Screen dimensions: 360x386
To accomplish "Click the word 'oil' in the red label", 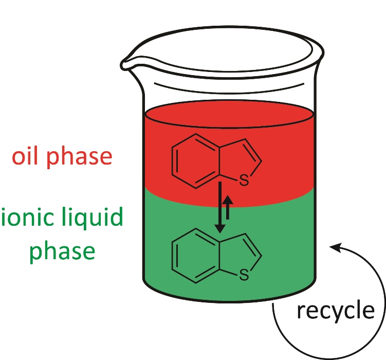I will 26,156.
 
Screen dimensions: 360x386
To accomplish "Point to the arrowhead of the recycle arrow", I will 335,249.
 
